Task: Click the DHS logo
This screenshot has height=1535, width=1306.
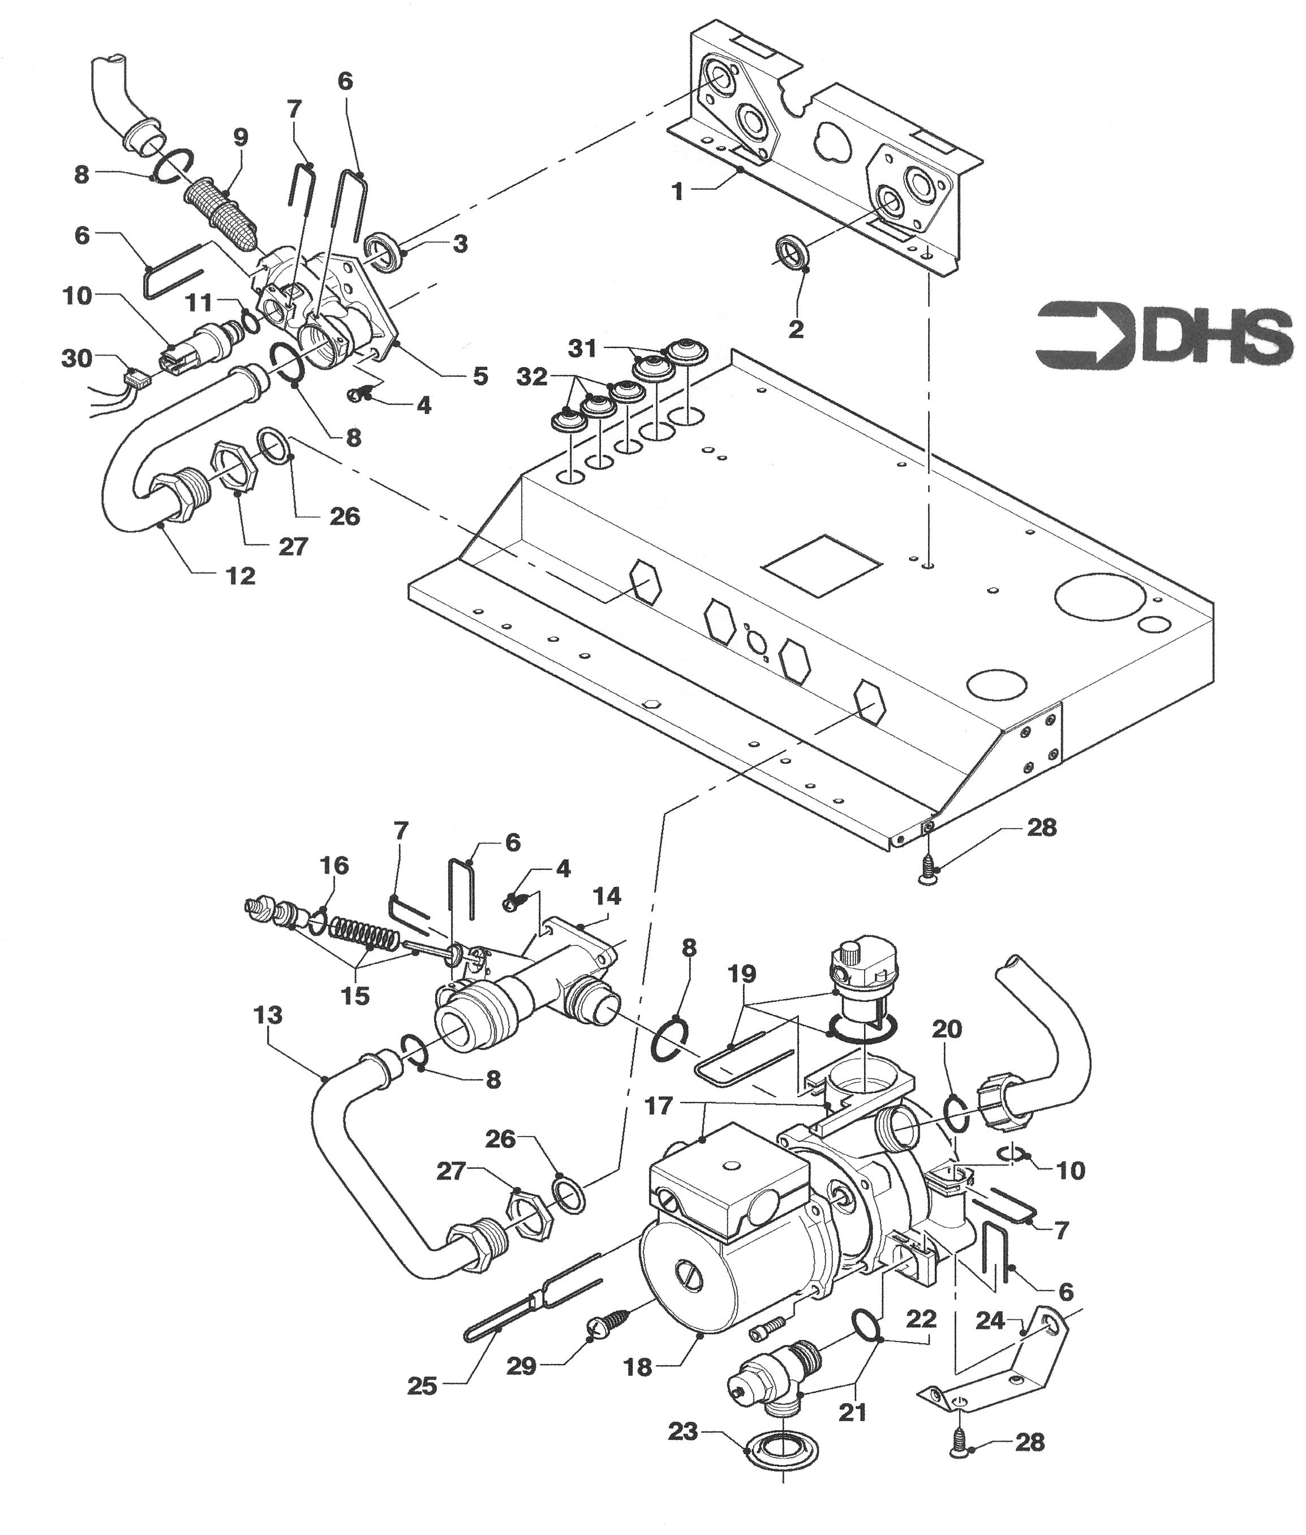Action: point(1162,335)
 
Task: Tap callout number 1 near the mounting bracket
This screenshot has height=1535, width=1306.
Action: point(677,192)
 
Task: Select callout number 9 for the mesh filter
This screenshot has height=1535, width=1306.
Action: point(240,138)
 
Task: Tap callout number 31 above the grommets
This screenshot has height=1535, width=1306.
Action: point(582,348)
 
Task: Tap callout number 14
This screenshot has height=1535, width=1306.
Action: point(607,897)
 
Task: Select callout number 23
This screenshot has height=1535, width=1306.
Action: point(682,1432)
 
